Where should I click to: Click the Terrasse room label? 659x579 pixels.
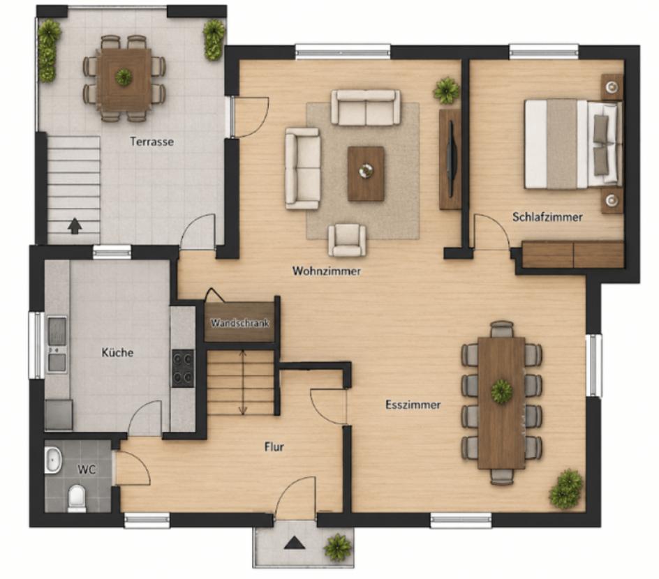pos(151,142)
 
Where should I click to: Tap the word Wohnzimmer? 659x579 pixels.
pos(327,271)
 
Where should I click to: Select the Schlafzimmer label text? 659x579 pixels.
pos(547,217)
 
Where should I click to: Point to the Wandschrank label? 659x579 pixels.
pos(239,323)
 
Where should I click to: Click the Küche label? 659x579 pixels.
pos(118,352)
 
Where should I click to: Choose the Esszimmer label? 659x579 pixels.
pos(413,405)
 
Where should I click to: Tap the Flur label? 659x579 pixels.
pos(274,446)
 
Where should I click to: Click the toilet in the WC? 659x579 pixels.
pos(77,498)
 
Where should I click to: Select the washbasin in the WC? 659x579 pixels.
pos(53,460)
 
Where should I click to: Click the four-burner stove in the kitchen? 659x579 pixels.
pos(183,368)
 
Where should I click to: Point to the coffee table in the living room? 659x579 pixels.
pos(366,174)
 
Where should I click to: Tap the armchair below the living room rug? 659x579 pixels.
pos(347,240)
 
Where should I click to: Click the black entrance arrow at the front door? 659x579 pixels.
pos(294,543)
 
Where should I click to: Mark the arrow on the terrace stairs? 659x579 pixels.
pos(75,225)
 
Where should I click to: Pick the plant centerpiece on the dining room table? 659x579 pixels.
pos(501,391)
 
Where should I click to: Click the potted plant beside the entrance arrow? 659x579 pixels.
pos(338,548)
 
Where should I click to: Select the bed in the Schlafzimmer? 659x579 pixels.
pos(573,144)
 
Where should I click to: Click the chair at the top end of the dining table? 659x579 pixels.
pos(502,329)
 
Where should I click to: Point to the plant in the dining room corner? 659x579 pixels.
pos(566,489)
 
